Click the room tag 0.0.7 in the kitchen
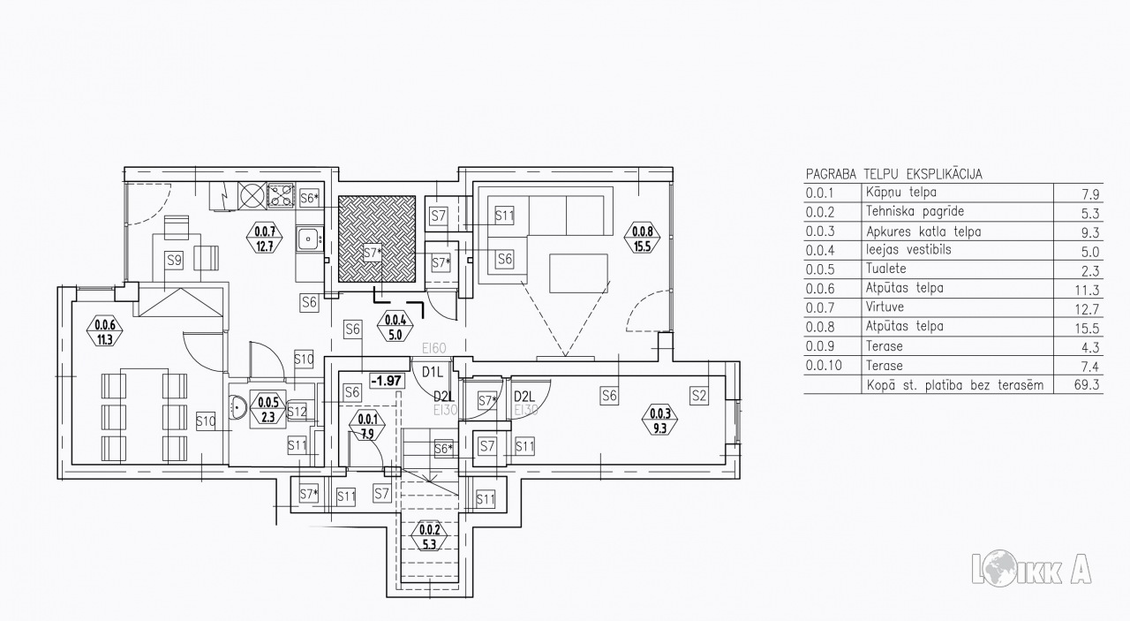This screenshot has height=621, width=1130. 265,239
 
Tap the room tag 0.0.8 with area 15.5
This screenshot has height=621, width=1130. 642,239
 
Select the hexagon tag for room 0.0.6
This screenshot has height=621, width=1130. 105,330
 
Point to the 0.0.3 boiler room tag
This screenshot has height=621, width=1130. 659,421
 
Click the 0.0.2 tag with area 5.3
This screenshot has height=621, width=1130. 429,537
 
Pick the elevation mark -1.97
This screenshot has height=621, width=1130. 387,381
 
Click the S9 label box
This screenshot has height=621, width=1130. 174,261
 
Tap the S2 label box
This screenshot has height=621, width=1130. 698,396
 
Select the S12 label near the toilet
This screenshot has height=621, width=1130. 298,412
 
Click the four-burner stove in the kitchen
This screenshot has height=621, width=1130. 281,195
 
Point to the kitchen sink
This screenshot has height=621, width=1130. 308,239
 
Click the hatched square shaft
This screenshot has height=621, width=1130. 377,239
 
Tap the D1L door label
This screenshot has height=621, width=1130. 432,373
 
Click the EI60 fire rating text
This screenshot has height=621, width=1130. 433,348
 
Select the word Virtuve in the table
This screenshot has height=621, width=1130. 885,307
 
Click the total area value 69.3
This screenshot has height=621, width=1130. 1087,385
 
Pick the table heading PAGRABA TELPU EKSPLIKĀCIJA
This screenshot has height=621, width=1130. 894,174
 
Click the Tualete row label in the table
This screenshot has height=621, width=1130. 885,269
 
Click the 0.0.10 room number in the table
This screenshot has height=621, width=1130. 824,365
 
